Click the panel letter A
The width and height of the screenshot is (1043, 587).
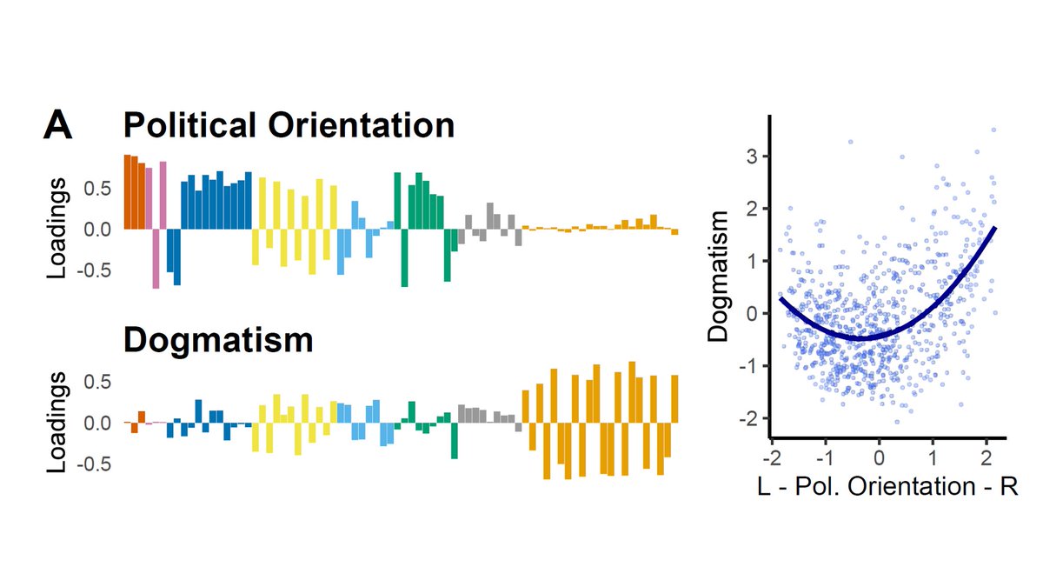(x=58, y=126)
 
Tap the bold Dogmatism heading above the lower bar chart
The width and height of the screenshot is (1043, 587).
(x=218, y=340)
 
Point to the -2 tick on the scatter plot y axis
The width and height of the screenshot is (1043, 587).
(x=750, y=418)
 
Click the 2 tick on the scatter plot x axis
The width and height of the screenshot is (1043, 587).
(x=986, y=457)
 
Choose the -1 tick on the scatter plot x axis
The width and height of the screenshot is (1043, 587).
(x=823, y=457)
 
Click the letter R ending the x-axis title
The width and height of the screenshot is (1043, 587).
(x=1008, y=487)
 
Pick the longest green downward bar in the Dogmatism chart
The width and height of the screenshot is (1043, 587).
(x=454, y=441)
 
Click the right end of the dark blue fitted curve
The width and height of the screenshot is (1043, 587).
(x=994, y=227)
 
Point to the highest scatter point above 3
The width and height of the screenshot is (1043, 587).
(x=993, y=130)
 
